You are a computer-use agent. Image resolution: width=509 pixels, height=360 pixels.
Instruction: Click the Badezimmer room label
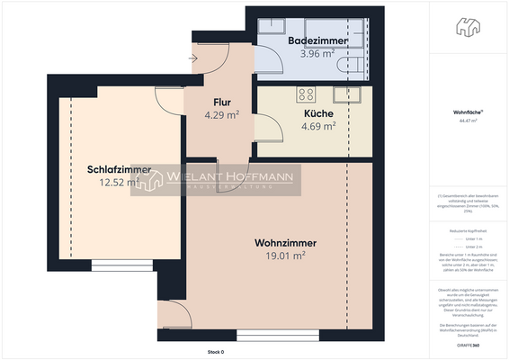(311, 41)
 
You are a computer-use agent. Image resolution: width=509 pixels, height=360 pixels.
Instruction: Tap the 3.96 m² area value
(311, 53)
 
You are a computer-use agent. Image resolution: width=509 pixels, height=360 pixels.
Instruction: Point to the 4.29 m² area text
(221, 115)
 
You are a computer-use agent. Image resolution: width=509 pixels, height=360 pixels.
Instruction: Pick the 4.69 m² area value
(317, 126)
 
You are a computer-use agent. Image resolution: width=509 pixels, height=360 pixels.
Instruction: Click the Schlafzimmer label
(119, 169)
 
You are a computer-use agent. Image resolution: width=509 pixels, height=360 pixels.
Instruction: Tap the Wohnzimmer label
(286, 243)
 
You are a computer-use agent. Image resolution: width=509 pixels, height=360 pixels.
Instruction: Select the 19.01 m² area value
(286, 256)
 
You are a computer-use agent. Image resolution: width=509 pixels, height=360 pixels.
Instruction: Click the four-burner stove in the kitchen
(307, 94)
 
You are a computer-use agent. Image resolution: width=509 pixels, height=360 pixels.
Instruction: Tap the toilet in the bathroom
(350, 66)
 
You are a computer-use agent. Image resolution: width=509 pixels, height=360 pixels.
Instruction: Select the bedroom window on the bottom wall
(115, 265)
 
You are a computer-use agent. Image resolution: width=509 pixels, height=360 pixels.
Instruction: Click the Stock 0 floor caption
(215, 352)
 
